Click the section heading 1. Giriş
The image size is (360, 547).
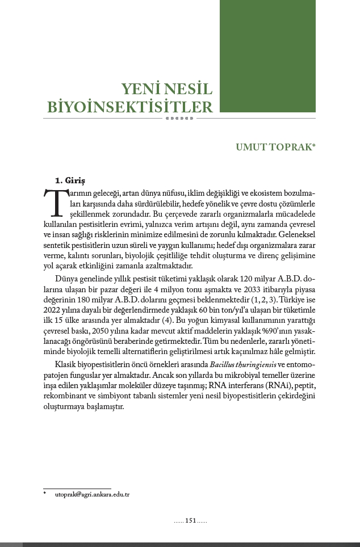pos(70,180)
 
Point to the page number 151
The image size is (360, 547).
pos(190,520)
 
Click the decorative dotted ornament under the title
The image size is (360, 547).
pos(179,119)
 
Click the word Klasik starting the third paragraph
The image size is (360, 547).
pos(66,363)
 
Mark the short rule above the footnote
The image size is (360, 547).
pos(77,488)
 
